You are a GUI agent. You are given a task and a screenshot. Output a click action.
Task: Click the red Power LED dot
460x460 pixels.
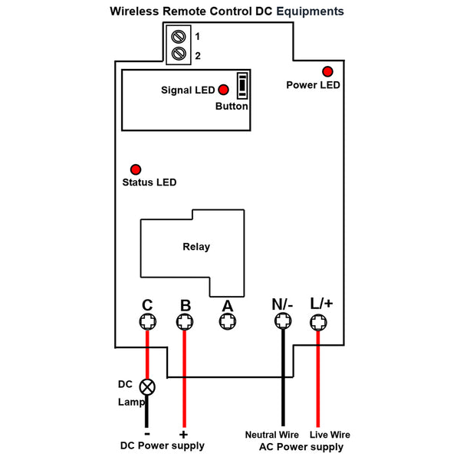(327, 70)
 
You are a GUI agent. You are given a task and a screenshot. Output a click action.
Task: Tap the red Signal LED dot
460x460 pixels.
(224, 90)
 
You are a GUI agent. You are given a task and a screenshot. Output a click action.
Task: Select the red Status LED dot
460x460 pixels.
(136, 169)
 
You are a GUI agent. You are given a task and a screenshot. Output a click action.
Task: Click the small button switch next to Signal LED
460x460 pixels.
(242, 86)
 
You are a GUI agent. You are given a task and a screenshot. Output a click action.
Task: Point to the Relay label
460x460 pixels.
(196, 247)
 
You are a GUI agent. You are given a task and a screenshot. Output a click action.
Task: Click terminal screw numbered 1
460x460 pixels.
(179, 37)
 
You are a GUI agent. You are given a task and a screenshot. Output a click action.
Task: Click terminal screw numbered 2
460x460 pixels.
(179, 54)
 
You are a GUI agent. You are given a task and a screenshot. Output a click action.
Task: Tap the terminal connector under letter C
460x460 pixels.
(146, 324)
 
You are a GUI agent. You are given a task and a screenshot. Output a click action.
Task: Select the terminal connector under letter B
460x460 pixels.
(185, 324)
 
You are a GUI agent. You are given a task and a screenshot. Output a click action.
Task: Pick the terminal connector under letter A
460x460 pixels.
(227, 324)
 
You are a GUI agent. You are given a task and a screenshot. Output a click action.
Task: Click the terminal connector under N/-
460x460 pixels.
(282, 324)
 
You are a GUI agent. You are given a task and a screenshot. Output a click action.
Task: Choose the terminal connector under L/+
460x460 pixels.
(319, 324)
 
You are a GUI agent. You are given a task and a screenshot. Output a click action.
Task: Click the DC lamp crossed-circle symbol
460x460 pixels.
(146, 386)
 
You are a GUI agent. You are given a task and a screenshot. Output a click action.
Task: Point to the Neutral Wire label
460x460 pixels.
(271, 435)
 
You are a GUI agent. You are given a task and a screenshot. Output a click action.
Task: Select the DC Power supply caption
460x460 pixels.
(163, 446)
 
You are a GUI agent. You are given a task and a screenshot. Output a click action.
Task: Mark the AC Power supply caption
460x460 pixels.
(301, 447)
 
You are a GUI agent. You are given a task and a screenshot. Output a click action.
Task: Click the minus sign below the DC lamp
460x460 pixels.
(146, 432)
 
